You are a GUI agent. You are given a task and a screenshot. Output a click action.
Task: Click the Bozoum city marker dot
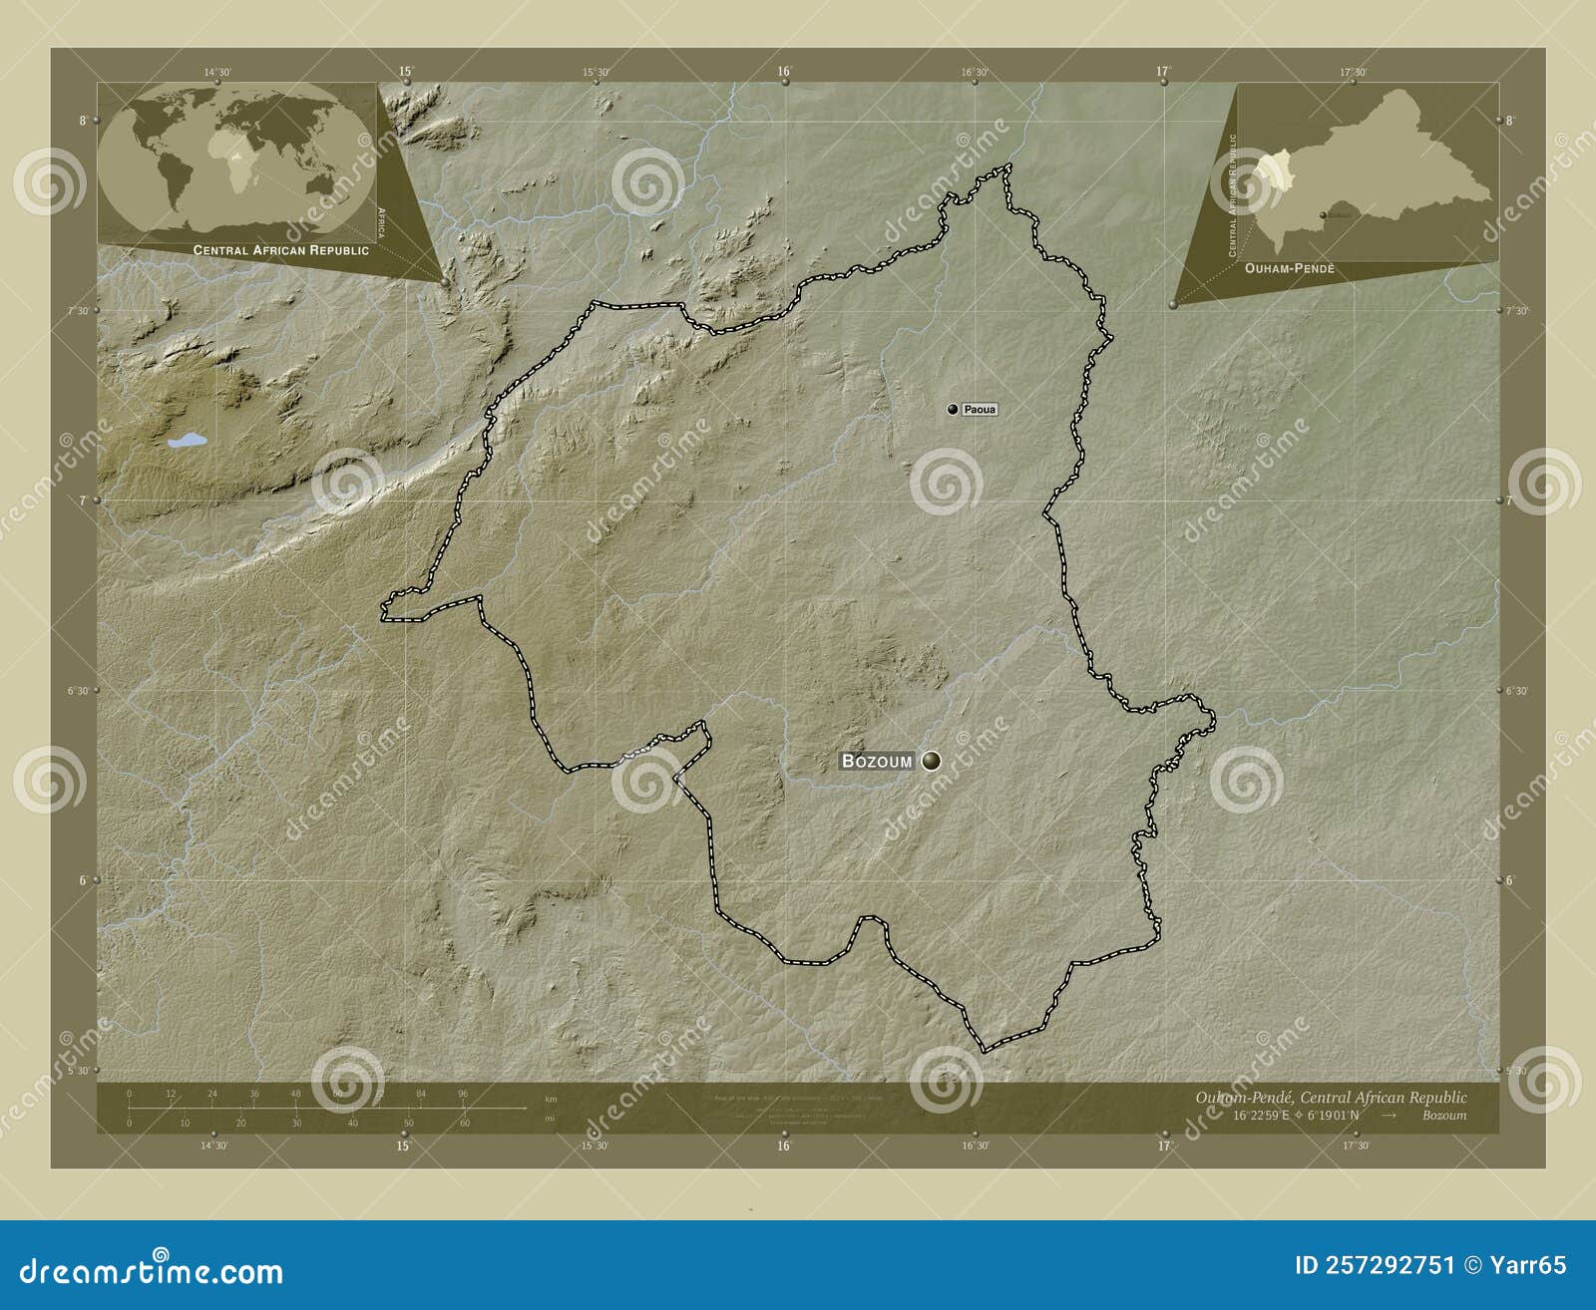[931, 761]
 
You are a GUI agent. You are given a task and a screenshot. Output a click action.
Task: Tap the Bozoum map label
[877, 761]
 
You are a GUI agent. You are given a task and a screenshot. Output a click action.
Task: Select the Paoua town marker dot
[953, 409]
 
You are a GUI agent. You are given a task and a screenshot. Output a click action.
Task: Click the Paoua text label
[980, 410]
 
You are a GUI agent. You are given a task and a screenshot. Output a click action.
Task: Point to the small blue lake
[186, 440]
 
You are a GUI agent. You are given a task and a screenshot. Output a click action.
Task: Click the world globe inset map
[236, 161]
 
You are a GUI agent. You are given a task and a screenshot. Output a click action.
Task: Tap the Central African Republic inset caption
[280, 250]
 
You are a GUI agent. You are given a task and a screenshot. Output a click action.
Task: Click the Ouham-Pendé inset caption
[1290, 269]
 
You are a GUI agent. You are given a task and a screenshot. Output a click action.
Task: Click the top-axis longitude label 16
[784, 71]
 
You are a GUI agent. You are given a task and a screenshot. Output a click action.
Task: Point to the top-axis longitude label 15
[405, 71]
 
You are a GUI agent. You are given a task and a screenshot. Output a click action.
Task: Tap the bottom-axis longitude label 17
[1163, 1146]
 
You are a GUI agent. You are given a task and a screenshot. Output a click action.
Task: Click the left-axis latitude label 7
[82, 500]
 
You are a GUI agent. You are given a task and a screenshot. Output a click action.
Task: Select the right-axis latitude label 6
[1509, 880]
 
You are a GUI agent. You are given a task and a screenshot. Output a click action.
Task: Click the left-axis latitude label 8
[83, 121]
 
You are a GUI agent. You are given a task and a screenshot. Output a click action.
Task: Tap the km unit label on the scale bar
[551, 1099]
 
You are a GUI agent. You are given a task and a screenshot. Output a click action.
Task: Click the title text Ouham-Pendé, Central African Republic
[1331, 1097]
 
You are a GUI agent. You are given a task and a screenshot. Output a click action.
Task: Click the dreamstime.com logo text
[152, 1271]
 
